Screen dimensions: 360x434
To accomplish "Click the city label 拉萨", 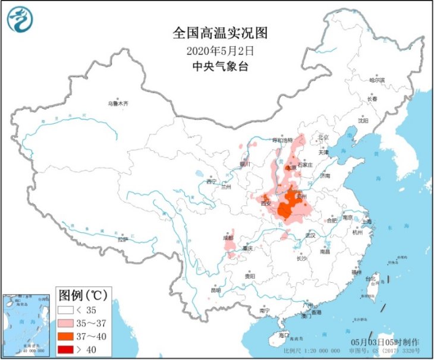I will pyautogui.click(x=122, y=240).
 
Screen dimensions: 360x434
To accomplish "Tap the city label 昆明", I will pyautogui.click(x=216, y=290).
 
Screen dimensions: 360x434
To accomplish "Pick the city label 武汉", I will pyautogui.click(x=310, y=236).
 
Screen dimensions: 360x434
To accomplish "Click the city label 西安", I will pyautogui.click(x=265, y=204).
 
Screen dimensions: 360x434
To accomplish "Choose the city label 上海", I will pyautogui.click(x=366, y=221).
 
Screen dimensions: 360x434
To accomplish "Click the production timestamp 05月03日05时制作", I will pyautogui.click(x=385, y=343).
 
